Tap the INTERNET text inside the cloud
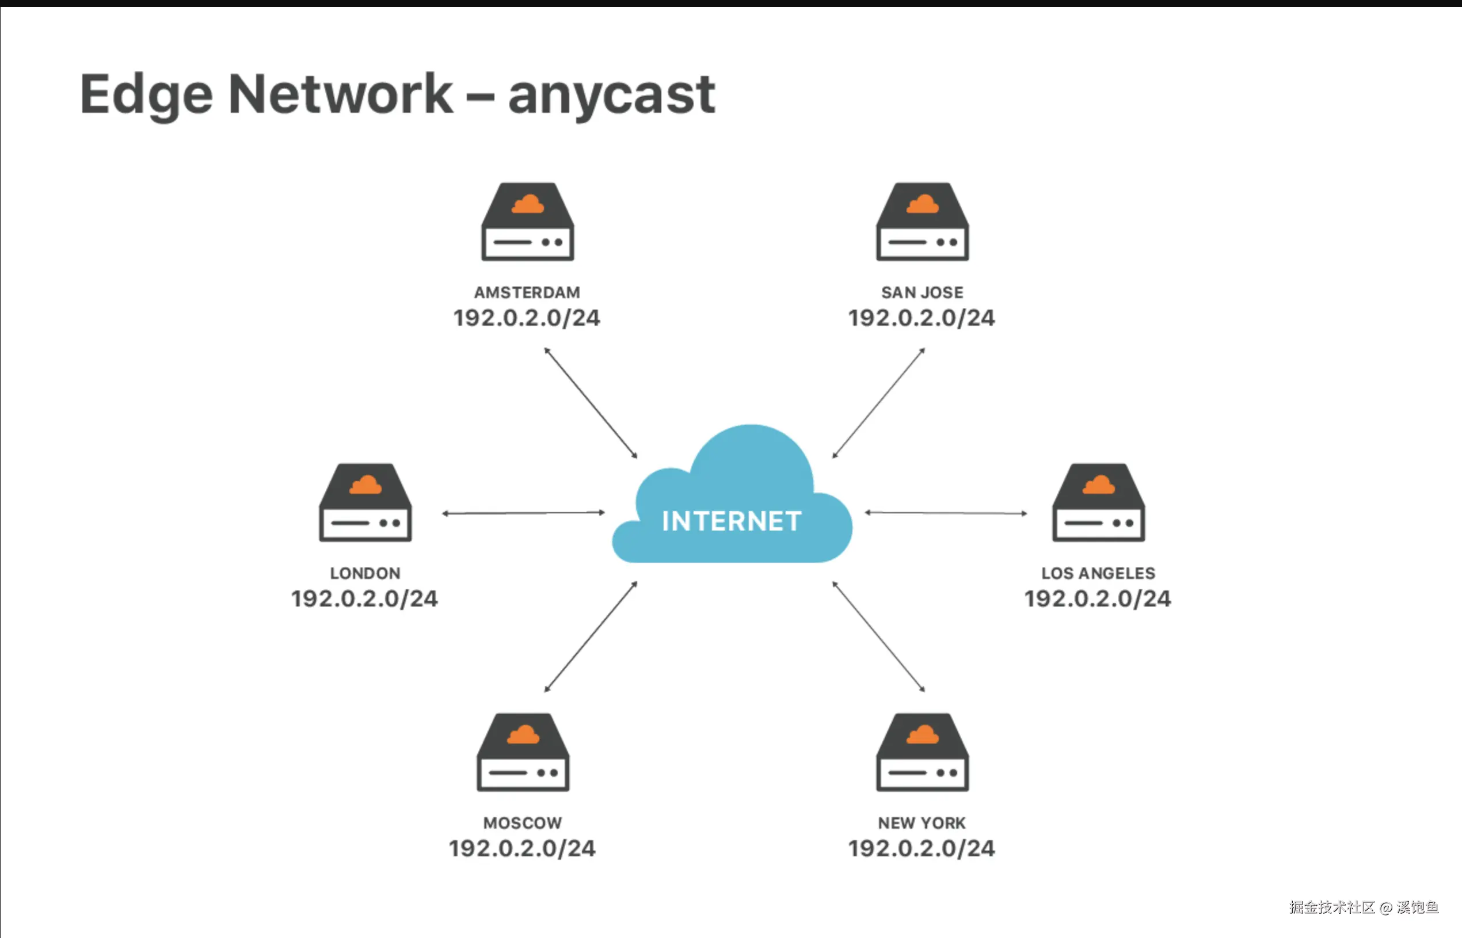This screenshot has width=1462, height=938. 731,521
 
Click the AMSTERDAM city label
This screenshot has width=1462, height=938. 527,292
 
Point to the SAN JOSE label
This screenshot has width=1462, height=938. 922,292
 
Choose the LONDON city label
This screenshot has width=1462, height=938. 365,573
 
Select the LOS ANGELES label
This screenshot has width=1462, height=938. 1098,573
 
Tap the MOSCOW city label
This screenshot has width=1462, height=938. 523,823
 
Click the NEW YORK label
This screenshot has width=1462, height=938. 922,823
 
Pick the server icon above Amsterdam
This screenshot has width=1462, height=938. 528,222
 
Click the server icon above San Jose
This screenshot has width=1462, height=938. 922,222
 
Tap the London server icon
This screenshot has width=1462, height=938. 365,503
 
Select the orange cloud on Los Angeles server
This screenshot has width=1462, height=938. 1098,486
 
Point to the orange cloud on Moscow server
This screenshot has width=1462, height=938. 523,735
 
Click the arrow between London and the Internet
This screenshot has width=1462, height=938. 523,513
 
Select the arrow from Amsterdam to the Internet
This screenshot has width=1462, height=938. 591,403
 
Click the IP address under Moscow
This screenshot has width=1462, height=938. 522,848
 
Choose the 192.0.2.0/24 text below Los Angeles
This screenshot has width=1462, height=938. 1097,598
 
